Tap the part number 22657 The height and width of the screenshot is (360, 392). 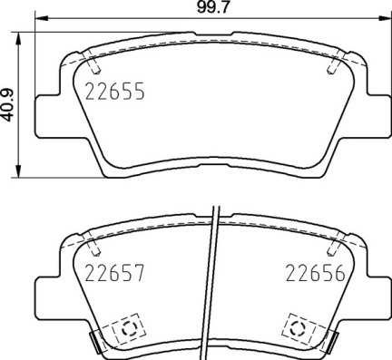[114, 273]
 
